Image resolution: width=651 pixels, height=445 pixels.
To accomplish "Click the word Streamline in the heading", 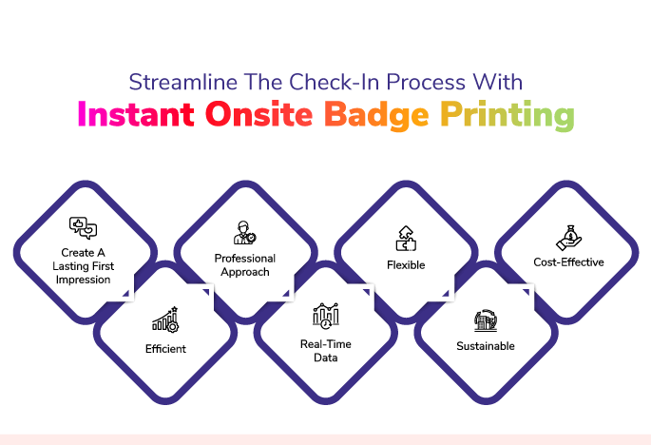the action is tap(182, 82).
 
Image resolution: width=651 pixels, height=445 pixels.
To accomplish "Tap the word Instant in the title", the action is tap(136, 114).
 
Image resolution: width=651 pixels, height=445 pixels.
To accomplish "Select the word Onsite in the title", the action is tap(258, 114).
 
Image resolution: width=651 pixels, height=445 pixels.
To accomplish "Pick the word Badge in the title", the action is tap(376, 115).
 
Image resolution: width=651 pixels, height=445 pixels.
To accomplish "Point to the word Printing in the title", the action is tap(507, 115).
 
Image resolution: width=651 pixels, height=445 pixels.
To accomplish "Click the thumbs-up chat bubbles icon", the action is tap(83, 228).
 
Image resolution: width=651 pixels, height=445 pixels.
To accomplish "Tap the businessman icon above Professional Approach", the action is tap(244, 233).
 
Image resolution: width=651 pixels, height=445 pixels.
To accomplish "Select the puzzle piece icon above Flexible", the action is tap(406, 239).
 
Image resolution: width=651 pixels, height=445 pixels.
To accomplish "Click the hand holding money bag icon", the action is tap(568, 238).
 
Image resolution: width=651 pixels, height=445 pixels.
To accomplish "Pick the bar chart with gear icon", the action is tap(165, 319).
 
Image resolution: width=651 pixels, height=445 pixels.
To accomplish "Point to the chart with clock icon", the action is tap(326, 316).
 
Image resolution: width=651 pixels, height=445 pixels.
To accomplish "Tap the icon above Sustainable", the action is tap(486, 319).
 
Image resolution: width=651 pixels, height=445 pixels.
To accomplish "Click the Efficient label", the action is tap(165, 349).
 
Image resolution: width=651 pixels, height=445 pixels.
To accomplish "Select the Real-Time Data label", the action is tap(326, 351).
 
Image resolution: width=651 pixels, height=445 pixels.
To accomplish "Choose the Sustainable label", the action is tap(486, 346).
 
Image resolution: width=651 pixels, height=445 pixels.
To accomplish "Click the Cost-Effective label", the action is tap(568, 262).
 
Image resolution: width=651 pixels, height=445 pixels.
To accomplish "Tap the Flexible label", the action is tap(406, 265).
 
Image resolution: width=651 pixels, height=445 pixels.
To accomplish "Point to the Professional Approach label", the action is tap(245, 265).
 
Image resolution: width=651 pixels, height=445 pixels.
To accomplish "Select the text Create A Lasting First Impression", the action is tap(83, 266).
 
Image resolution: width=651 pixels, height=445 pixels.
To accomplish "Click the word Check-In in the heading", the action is tap(335, 82).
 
